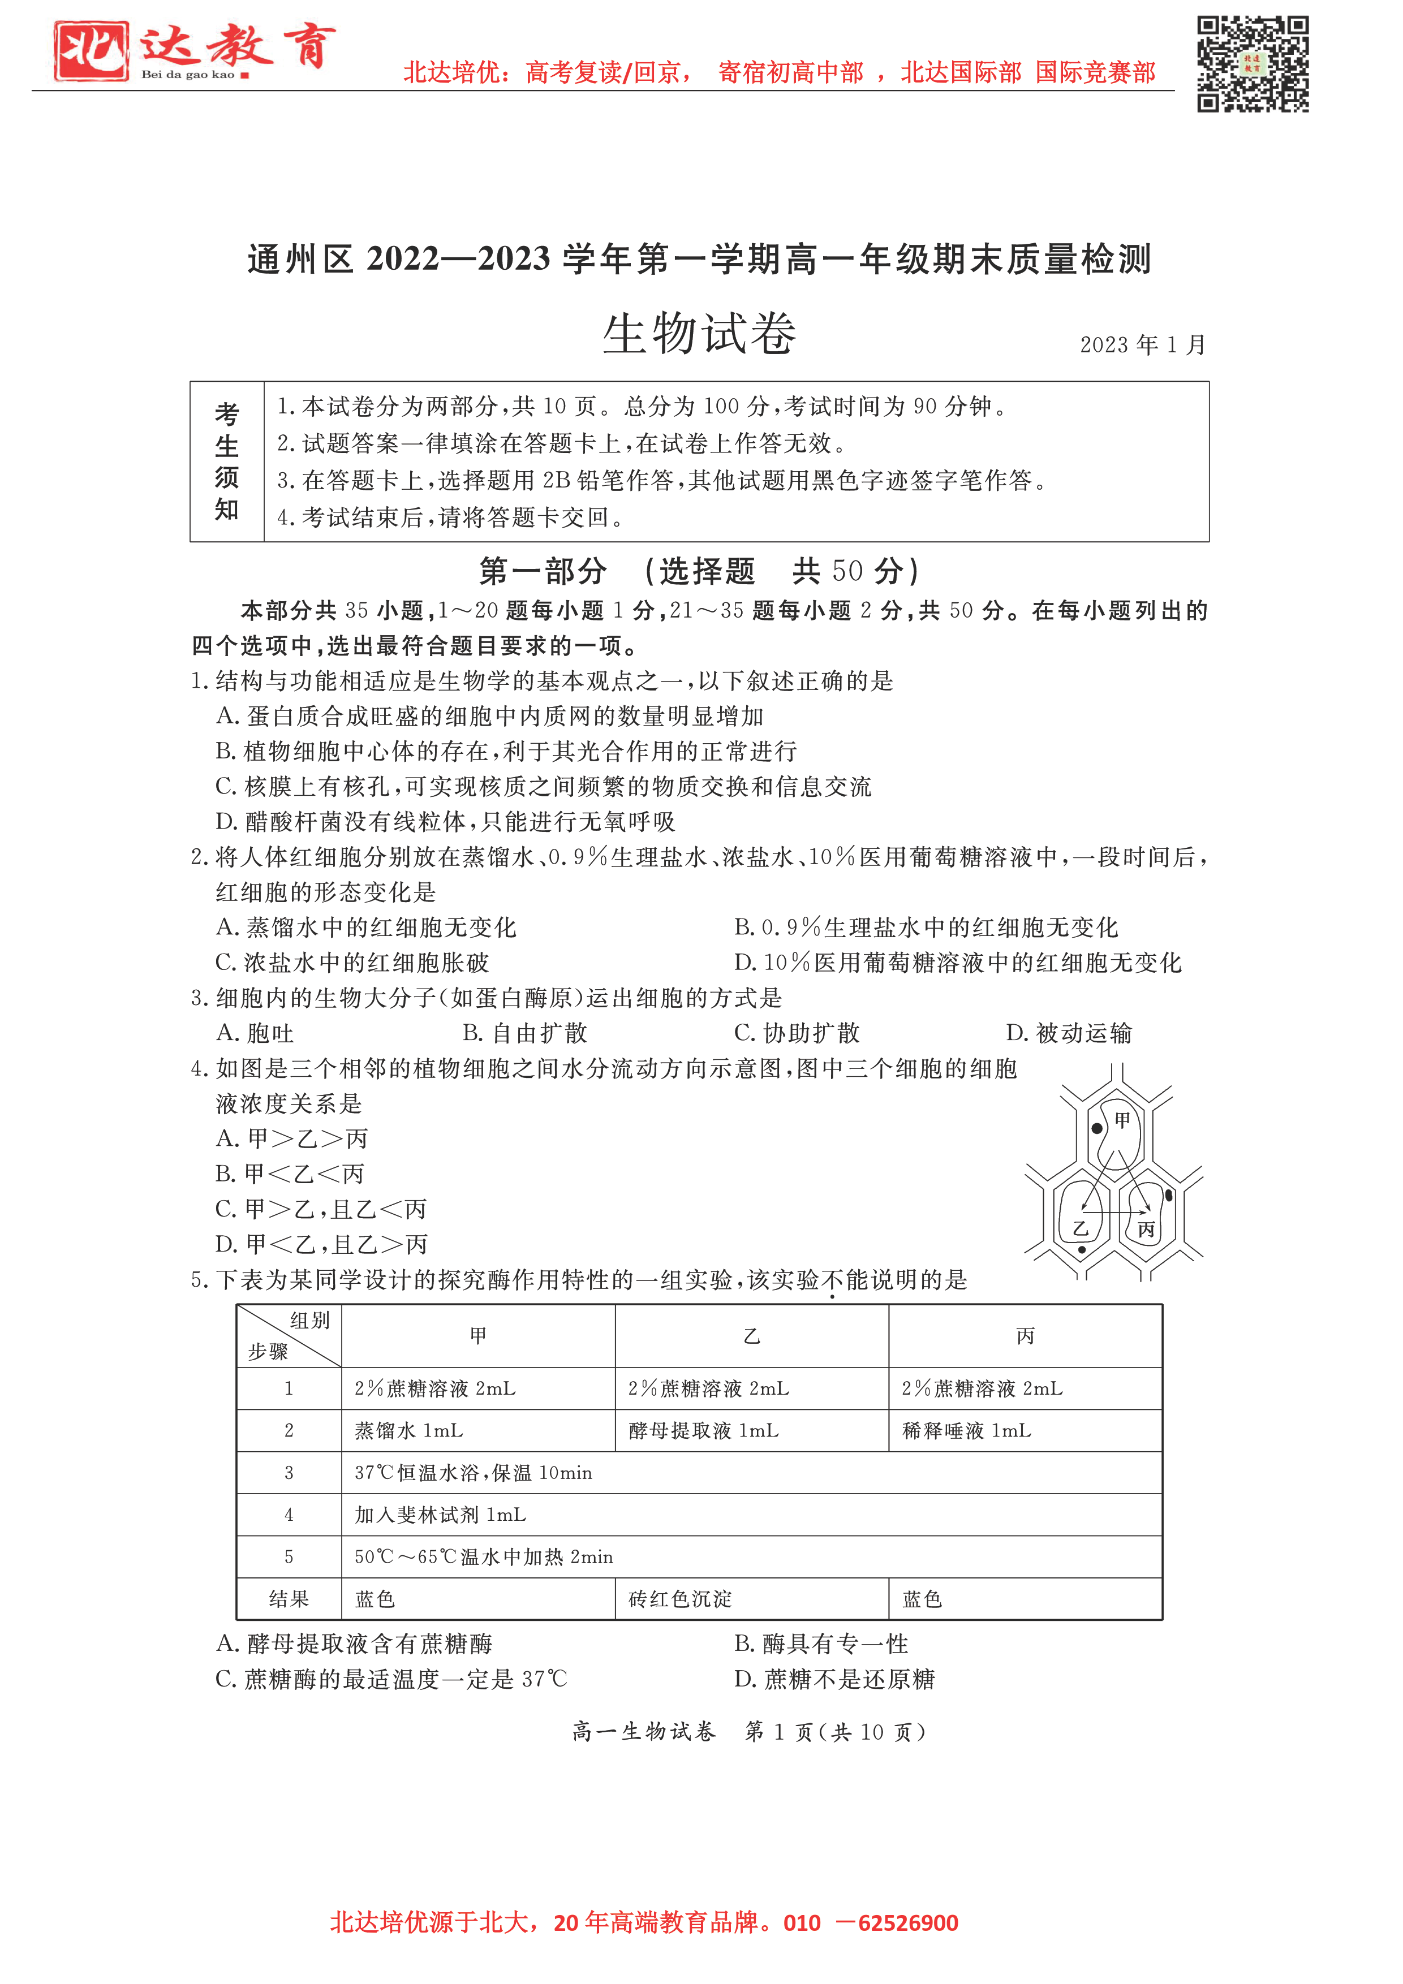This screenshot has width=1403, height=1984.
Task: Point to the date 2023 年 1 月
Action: tap(1142, 345)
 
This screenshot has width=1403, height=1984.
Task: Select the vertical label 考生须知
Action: tap(226, 462)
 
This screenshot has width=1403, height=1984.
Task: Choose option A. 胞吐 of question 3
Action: tap(255, 1033)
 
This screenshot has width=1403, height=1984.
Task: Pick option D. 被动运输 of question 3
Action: tap(1069, 1033)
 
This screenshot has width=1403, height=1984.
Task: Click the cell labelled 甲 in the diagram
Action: tap(1122, 1121)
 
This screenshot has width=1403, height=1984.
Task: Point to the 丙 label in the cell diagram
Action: tap(1146, 1229)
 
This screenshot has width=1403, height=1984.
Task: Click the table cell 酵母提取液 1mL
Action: tap(704, 1431)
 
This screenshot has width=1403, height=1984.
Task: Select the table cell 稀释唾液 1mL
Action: tap(966, 1431)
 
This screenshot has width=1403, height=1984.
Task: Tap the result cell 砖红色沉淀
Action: tap(681, 1599)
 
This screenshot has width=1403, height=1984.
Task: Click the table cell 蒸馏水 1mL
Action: tap(409, 1431)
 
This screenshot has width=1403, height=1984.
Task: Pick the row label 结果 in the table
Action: tap(289, 1599)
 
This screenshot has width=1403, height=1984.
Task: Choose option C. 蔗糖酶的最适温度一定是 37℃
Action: tap(391, 1679)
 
